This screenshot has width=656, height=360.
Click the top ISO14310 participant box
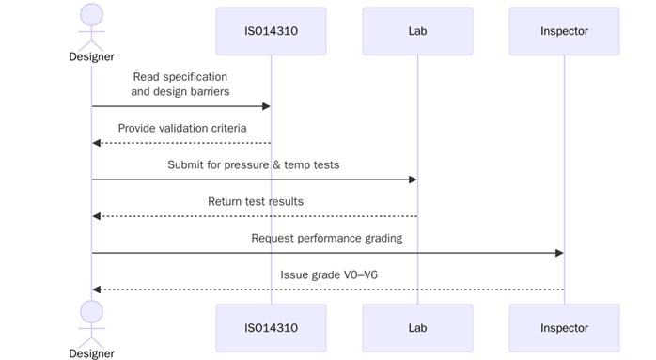tap(271, 31)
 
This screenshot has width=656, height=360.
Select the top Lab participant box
tap(417, 31)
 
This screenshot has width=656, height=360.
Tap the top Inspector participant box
tap(564, 31)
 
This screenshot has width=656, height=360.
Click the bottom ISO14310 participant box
tap(271, 328)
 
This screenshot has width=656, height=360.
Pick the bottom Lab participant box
tap(417, 328)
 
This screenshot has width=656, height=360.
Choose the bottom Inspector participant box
tap(564, 328)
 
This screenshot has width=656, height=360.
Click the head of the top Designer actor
tap(91, 14)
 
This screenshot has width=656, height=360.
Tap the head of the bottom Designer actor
tap(91, 311)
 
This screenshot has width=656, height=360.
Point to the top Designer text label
tap(91, 56)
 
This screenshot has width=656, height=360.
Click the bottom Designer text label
tap(91, 353)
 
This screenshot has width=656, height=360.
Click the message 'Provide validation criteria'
tap(182, 128)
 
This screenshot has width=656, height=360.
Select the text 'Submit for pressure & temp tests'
tap(254, 164)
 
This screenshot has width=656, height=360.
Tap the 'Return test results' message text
tap(256, 201)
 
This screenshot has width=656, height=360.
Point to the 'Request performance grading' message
tap(327, 238)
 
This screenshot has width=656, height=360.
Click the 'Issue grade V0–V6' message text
tap(327, 274)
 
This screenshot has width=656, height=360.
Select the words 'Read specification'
tap(180, 76)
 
